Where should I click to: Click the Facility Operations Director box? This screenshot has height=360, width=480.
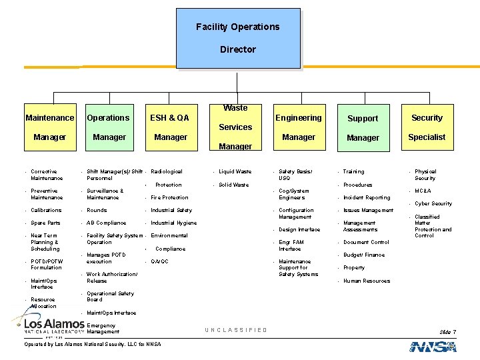pos(238,38)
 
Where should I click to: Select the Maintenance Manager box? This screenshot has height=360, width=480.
pos(50,127)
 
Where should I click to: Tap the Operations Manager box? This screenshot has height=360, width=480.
pos(109,127)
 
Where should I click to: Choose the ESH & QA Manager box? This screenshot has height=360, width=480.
pos(170,127)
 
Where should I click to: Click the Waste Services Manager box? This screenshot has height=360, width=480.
pos(235,127)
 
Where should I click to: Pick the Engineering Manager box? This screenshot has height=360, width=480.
pos(298,127)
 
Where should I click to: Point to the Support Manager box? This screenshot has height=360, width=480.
pos(363,128)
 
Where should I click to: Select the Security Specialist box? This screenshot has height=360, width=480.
pos(427,127)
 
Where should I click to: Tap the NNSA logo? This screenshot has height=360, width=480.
pos(433,347)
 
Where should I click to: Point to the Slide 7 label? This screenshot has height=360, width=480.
pos(447,332)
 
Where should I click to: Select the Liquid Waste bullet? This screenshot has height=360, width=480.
pos(235,172)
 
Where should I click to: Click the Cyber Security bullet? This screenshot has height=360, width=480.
pos(433,204)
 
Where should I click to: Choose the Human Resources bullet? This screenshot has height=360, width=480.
pos(366,281)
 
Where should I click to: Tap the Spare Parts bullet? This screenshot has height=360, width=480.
pos(45,223)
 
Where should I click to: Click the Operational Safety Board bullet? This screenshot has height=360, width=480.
pos(110,297)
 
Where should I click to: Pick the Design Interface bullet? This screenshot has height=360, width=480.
pos(299,230)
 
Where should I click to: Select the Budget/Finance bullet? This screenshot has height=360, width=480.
pos(363,255)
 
